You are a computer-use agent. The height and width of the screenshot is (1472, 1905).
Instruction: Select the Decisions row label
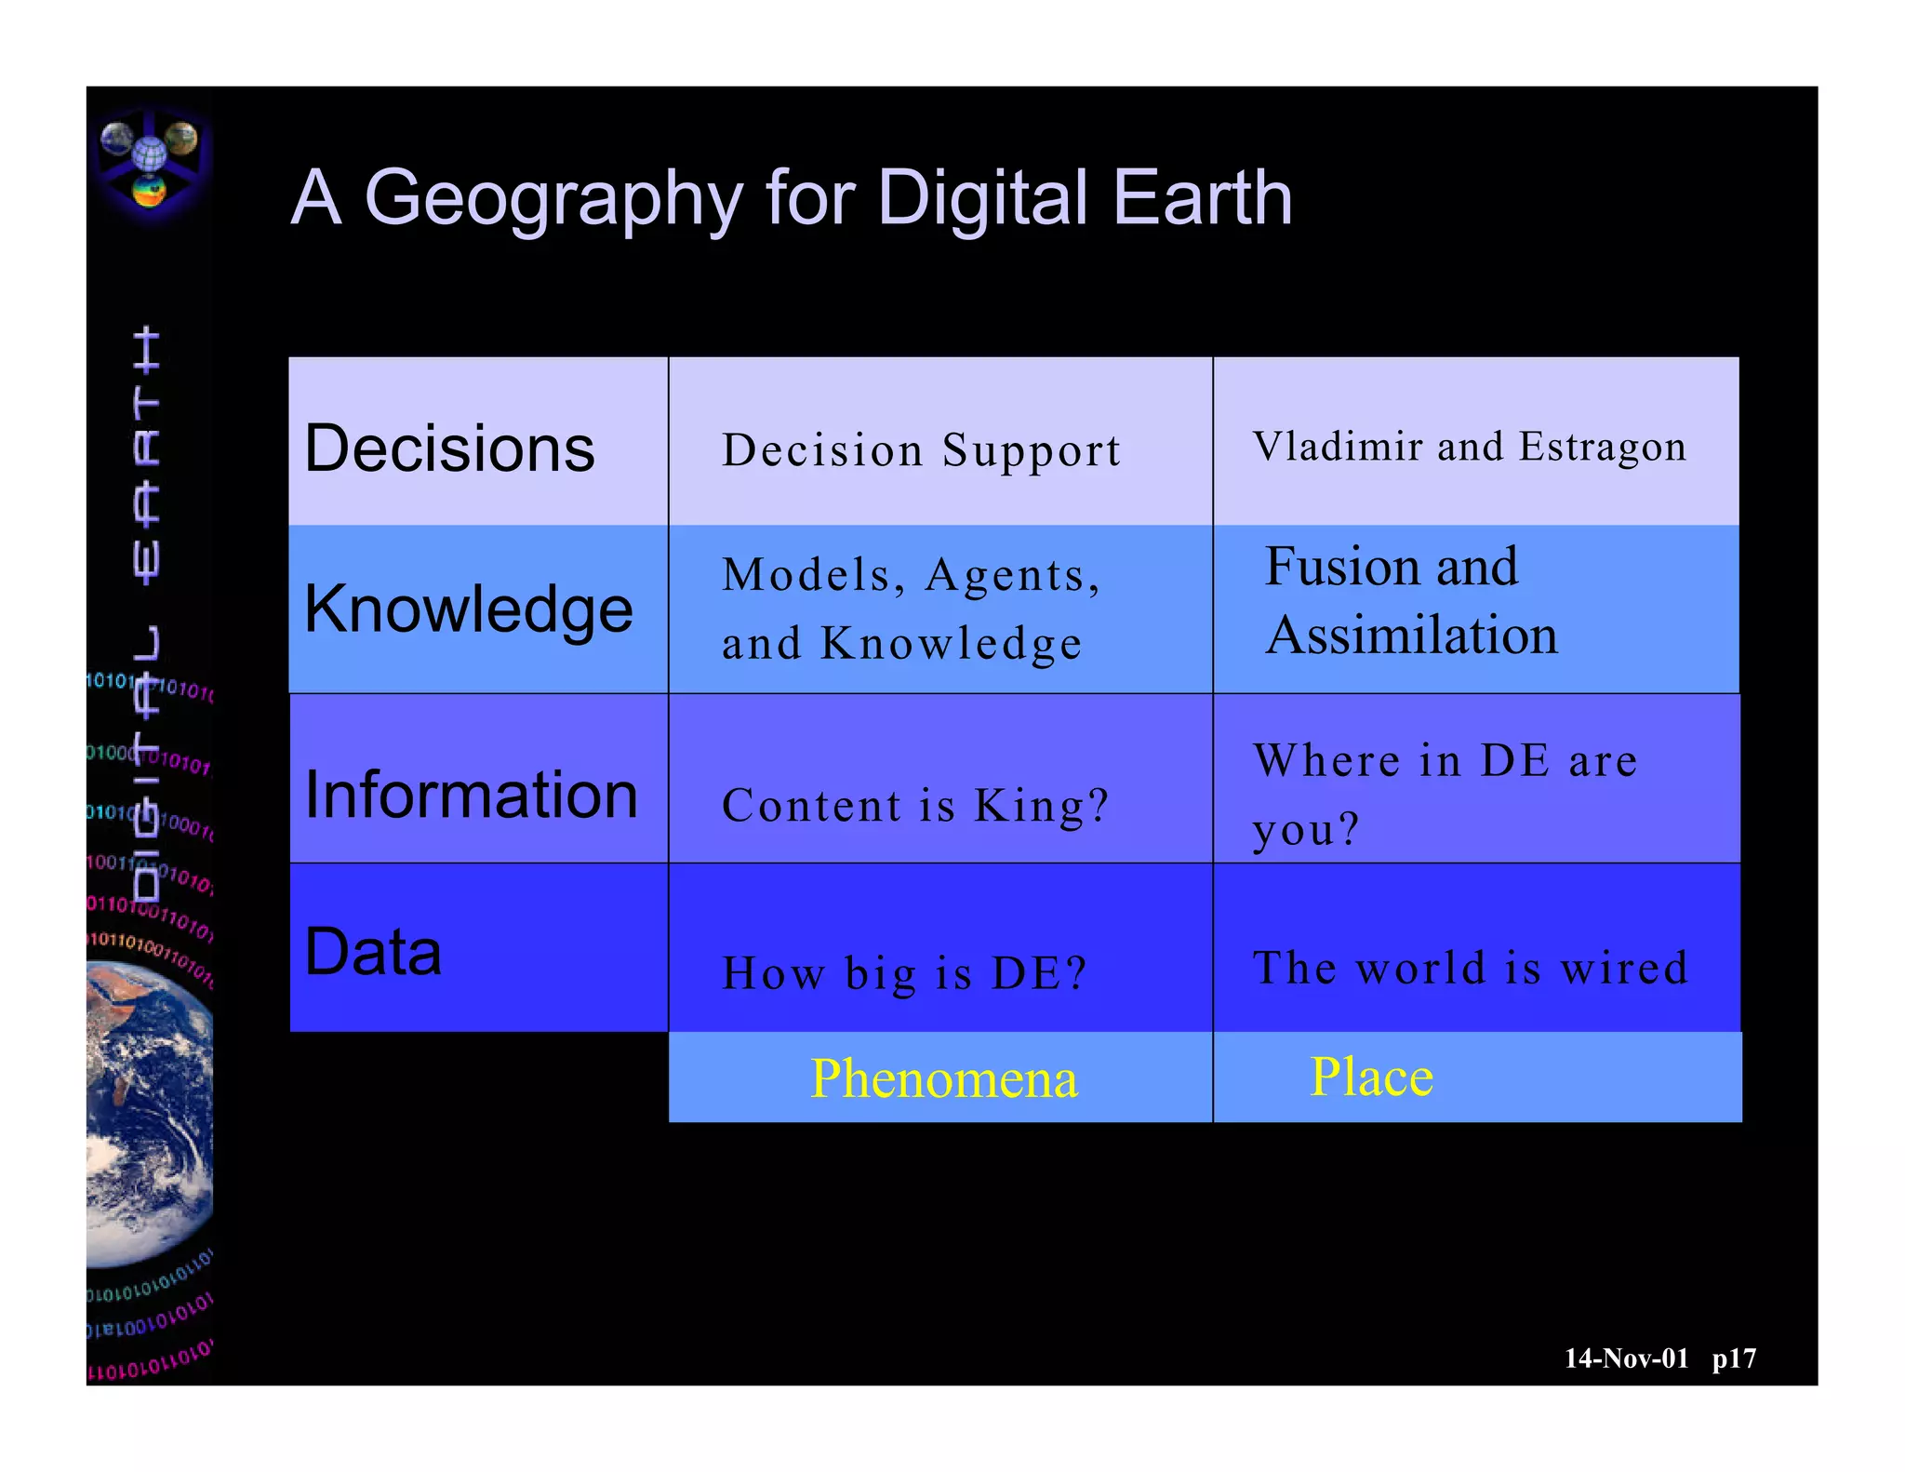coord(449,448)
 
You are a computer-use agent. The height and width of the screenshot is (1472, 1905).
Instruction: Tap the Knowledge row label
coord(469,609)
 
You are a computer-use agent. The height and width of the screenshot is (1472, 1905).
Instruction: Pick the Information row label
coord(472,796)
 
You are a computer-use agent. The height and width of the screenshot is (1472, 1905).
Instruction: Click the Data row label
coord(373,952)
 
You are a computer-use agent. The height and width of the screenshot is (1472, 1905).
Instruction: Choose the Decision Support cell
coord(921,450)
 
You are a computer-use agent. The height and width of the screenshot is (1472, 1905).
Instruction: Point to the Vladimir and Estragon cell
coord(1469,447)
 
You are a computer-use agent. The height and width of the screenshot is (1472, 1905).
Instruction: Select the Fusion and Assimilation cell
coord(1410,601)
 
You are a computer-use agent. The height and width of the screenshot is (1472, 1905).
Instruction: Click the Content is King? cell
coord(915,806)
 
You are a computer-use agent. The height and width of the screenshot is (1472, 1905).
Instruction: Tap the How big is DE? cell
coord(904,974)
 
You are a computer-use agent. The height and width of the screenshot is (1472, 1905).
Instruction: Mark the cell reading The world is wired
coord(1470,969)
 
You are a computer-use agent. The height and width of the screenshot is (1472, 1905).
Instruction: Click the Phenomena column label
coord(943,1078)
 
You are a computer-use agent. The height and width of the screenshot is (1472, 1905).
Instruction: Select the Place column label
coord(1371,1077)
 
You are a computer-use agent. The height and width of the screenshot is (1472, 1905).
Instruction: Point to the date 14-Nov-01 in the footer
coord(1626,1358)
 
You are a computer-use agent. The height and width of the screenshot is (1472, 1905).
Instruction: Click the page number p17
coord(1734,1358)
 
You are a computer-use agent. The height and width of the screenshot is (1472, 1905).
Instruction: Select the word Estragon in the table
coord(1602,447)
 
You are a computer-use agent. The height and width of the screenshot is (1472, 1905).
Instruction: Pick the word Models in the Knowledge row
coord(806,575)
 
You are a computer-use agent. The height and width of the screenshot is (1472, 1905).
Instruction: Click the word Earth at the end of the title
coord(1202,198)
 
